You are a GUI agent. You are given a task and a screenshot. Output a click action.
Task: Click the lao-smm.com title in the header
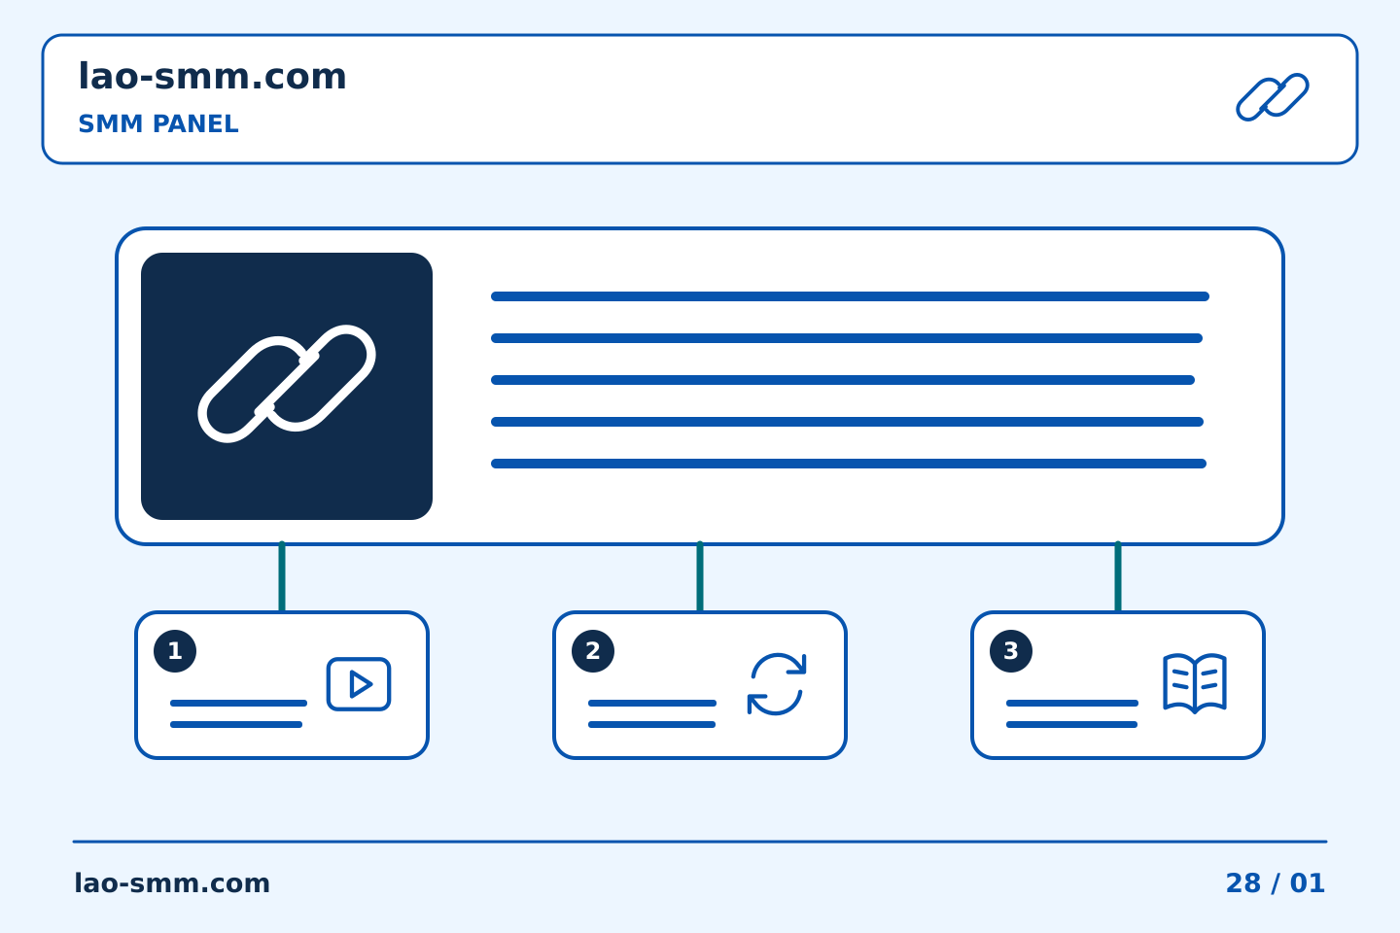[x=212, y=76]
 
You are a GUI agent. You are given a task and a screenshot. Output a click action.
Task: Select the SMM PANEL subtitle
[x=158, y=123]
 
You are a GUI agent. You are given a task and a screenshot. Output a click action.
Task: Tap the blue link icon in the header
[x=1273, y=97]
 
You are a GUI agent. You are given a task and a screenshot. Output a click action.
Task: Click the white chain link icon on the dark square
[x=287, y=384]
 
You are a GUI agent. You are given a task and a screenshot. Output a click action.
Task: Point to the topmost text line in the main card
[x=850, y=296]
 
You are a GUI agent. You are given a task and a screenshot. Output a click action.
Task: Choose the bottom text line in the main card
[x=849, y=464]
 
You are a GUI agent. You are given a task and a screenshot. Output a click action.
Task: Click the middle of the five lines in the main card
[x=843, y=380]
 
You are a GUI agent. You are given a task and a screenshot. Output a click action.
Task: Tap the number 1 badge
[x=175, y=651]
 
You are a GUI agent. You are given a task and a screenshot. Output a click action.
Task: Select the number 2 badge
[x=593, y=651]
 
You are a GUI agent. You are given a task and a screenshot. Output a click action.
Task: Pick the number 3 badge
[x=1011, y=651]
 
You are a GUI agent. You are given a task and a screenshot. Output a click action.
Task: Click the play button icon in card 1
[x=359, y=683]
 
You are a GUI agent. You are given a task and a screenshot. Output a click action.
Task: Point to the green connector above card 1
[x=282, y=576]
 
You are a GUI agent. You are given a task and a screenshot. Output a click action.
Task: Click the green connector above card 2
[x=700, y=576]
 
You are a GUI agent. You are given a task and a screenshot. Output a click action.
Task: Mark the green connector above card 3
[x=1118, y=576]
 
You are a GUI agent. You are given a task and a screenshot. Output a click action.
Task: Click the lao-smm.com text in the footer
[x=172, y=883]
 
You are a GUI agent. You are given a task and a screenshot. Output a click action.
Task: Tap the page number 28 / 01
[x=1275, y=883]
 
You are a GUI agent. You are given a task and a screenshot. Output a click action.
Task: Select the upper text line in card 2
[x=651, y=703]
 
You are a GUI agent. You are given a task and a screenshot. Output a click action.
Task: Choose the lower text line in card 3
[x=1071, y=725]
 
